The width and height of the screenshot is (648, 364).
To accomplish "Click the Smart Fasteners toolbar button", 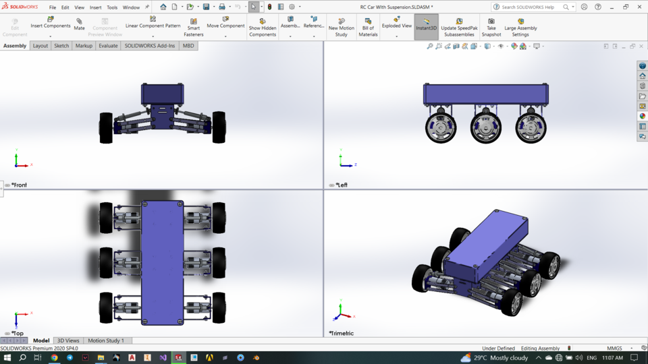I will (x=193, y=27).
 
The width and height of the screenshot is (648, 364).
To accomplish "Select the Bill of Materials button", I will (x=368, y=27).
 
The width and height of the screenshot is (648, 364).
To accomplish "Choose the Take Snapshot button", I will (x=491, y=27).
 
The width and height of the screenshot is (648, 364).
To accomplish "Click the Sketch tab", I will (x=61, y=46).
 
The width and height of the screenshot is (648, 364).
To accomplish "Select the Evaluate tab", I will (x=108, y=46).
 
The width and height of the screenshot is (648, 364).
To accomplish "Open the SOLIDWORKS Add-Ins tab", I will (x=149, y=46).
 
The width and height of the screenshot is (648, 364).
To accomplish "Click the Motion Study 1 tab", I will (x=106, y=340).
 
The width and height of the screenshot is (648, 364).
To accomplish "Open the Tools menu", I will (x=112, y=7).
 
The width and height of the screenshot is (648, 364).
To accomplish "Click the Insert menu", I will (x=95, y=7).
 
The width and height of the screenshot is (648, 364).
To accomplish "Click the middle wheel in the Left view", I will (x=485, y=128).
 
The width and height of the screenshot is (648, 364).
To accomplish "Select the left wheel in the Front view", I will (x=106, y=128).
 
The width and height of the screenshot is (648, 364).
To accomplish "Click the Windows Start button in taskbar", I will (x=7, y=358).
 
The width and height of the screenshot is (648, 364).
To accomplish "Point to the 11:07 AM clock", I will (x=612, y=358).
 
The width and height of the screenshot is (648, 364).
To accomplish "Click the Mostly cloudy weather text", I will (x=509, y=358).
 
